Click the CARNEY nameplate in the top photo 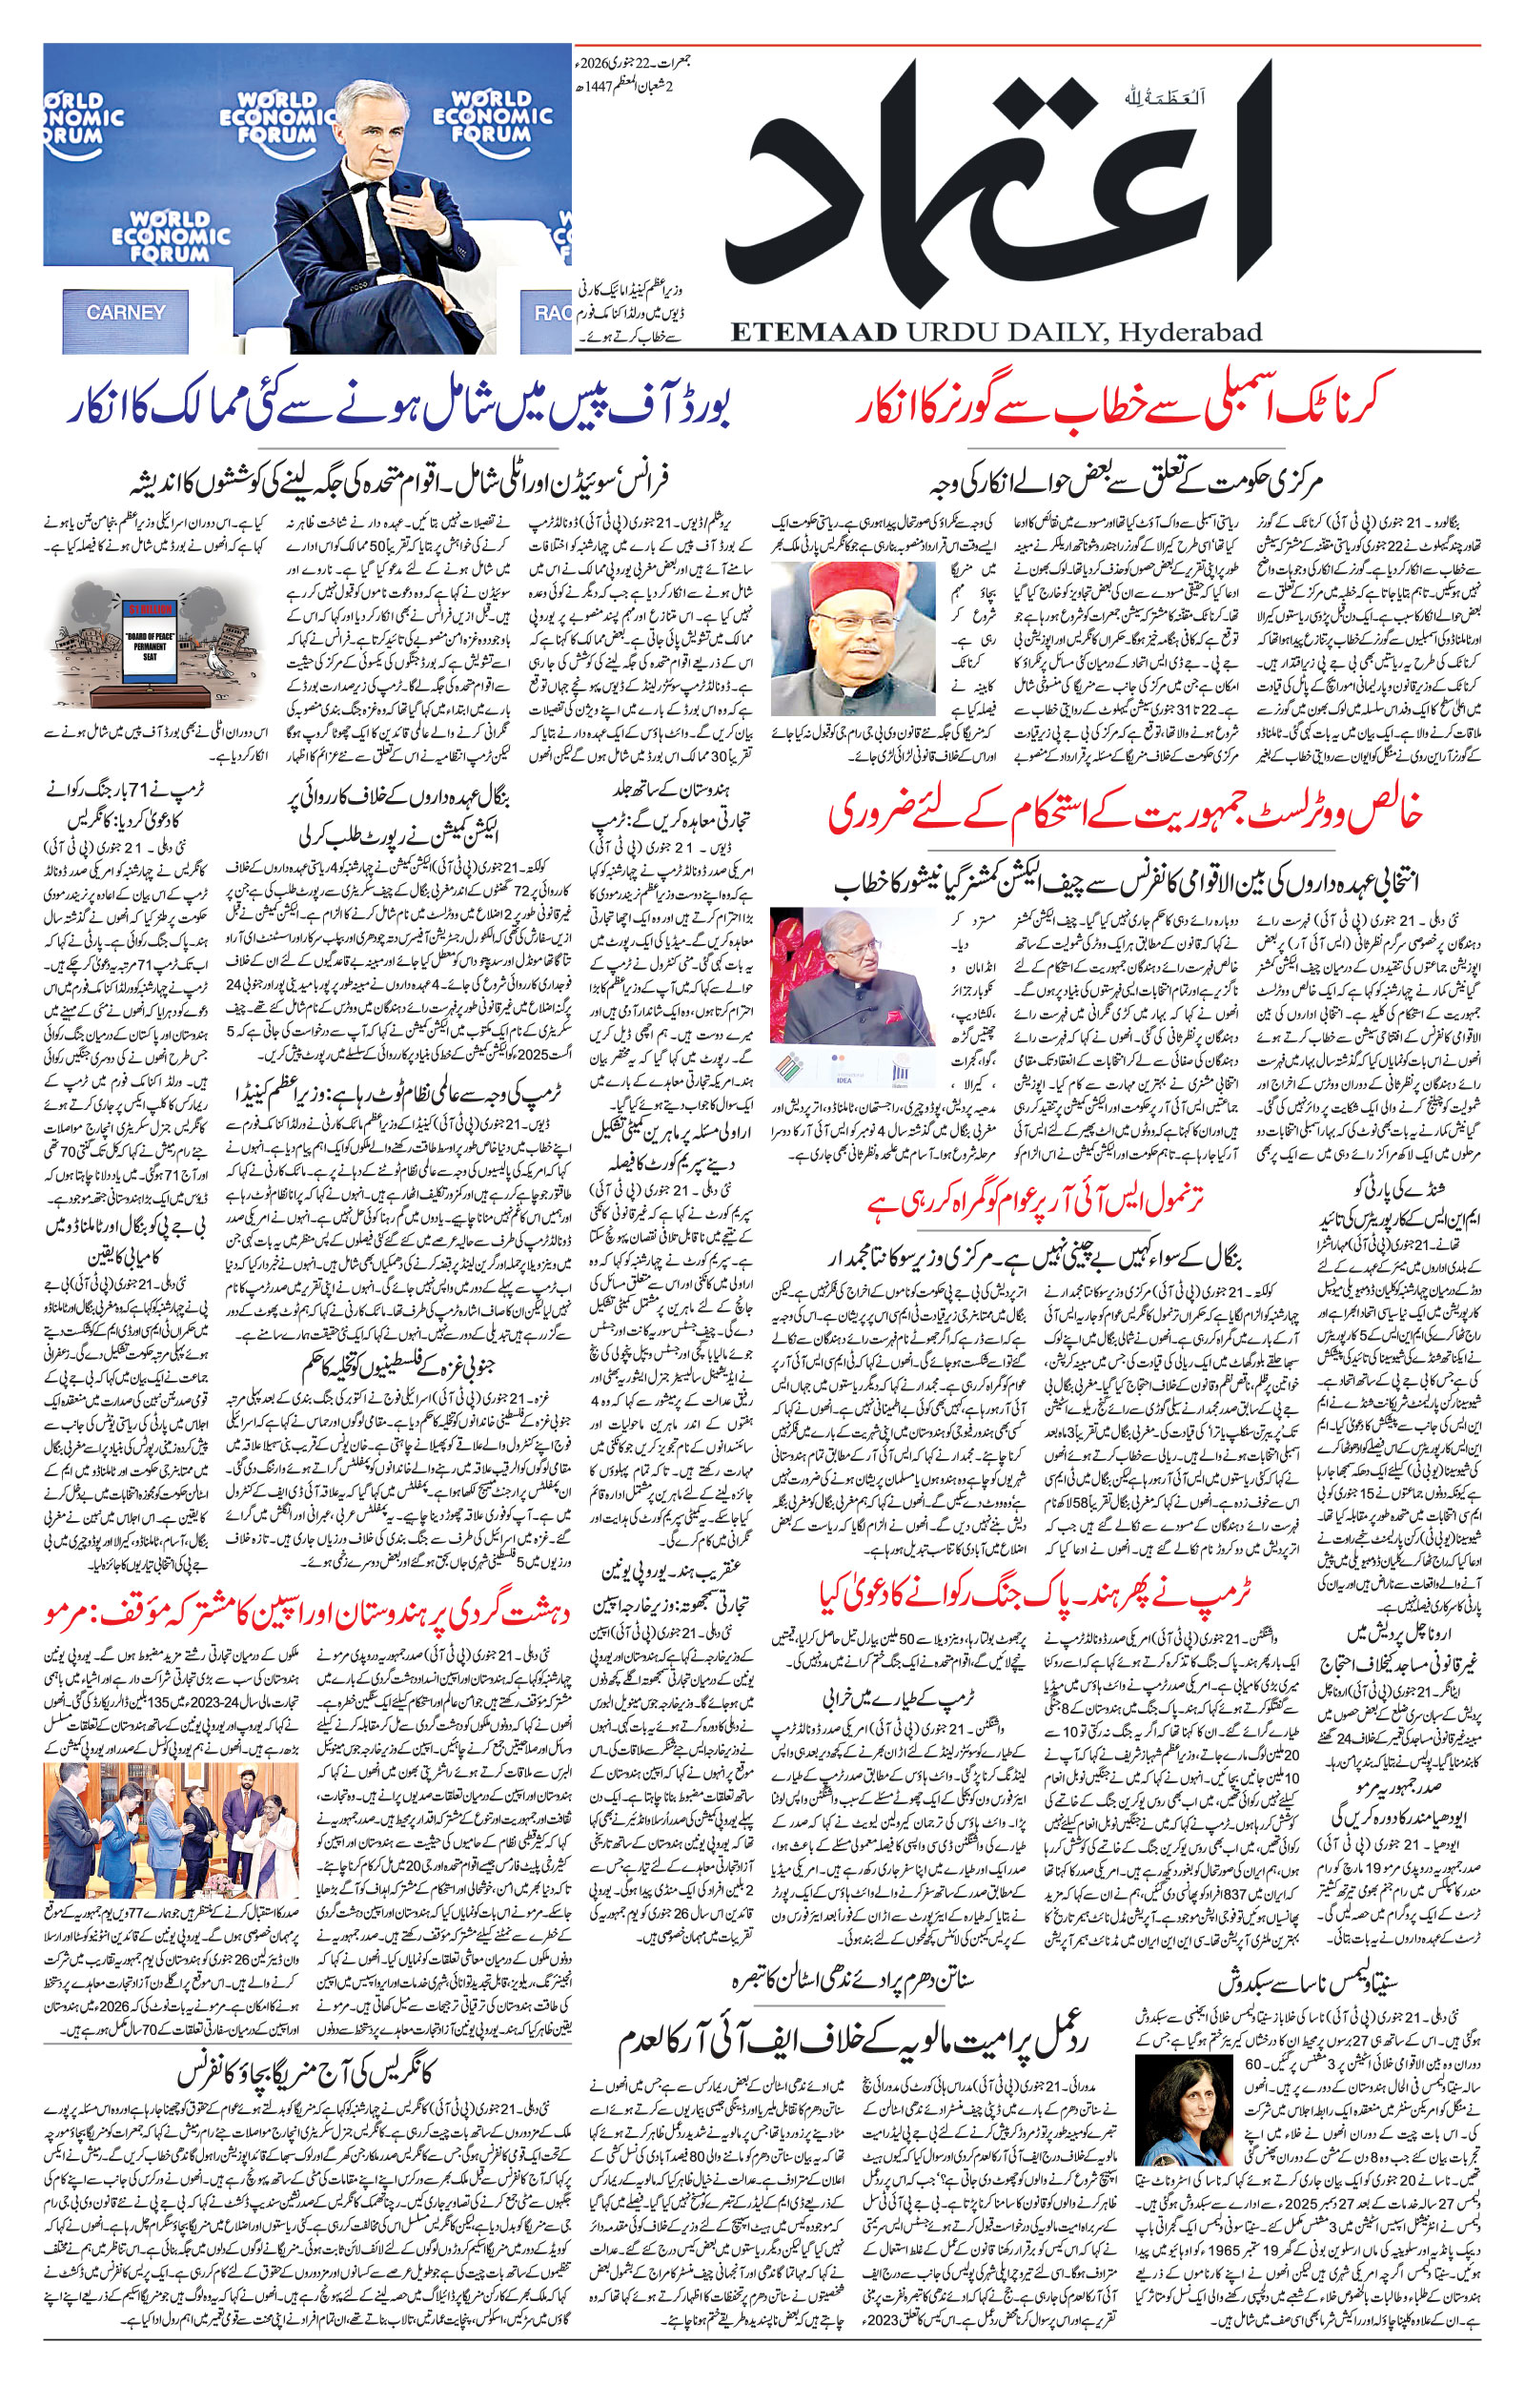pyautogui.click(x=126, y=312)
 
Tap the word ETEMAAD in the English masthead pyautogui.click(x=812, y=332)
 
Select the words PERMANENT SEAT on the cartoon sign pyautogui.click(x=150, y=650)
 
